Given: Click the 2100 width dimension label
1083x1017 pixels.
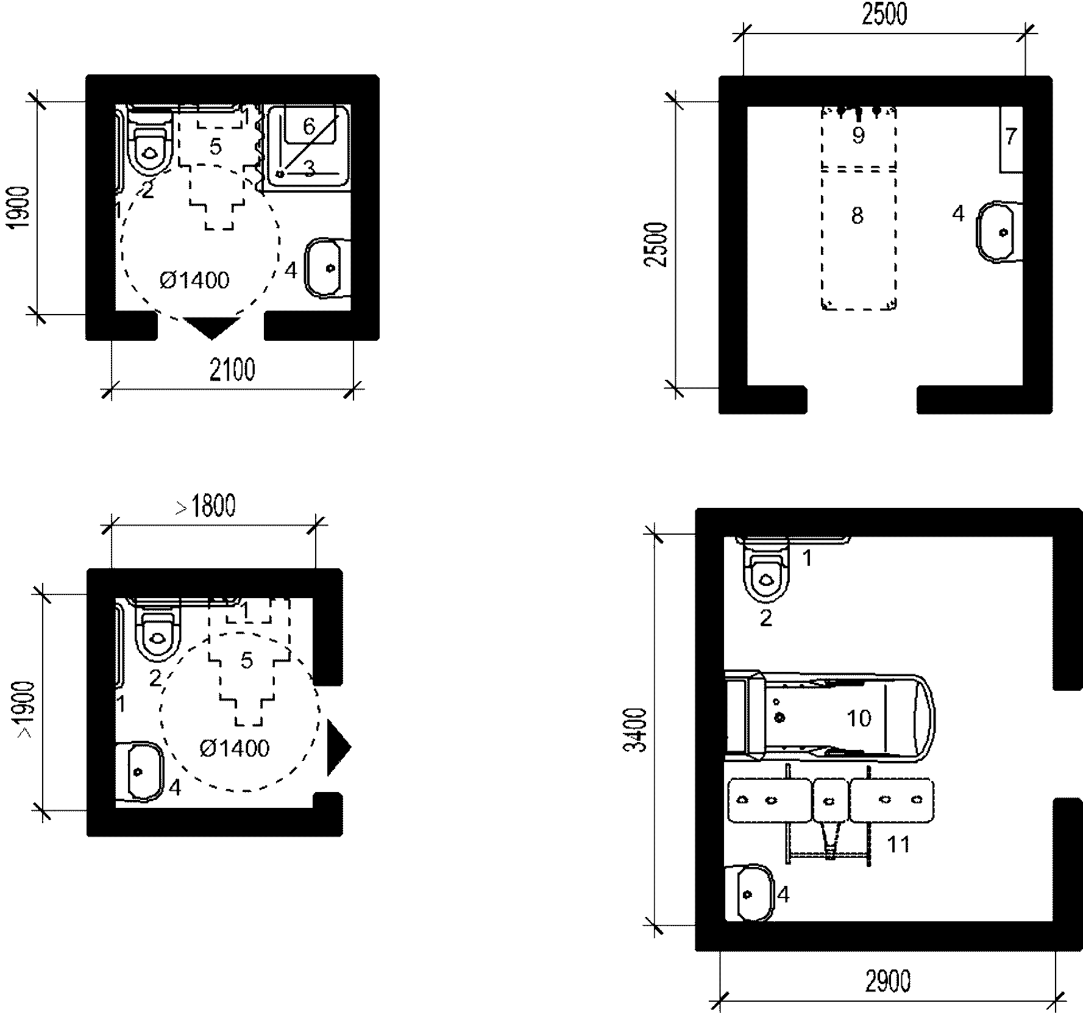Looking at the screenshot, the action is (x=232, y=370).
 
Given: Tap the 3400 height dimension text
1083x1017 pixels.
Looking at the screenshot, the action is (x=637, y=730).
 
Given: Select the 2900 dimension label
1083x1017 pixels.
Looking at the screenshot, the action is (x=887, y=982).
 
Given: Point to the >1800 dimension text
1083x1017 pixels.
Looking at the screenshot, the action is (x=205, y=506).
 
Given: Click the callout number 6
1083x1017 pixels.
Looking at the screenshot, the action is (x=309, y=127).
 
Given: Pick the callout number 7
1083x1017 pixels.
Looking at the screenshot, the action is (x=1011, y=136).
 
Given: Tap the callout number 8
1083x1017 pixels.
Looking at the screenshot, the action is (x=858, y=215).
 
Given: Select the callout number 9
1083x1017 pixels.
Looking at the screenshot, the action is (x=858, y=135).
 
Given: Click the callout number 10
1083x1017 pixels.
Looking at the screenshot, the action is (x=859, y=718).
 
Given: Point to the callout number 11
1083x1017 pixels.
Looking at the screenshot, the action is (x=898, y=844).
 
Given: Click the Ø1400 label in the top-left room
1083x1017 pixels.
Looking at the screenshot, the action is (x=194, y=280).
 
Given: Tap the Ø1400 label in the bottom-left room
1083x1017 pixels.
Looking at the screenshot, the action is (x=234, y=748).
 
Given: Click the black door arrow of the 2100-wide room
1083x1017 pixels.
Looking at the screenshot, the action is (x=211, y=327).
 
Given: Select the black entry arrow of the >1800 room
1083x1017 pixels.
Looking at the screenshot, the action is (x=339, y=748).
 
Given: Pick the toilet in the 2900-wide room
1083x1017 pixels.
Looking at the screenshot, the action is (x=766, y=571).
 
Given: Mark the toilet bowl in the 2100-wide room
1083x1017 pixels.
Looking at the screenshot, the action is (x=150, y=144).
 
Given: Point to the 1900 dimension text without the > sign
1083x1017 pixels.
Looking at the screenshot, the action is (x=21, y=207).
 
